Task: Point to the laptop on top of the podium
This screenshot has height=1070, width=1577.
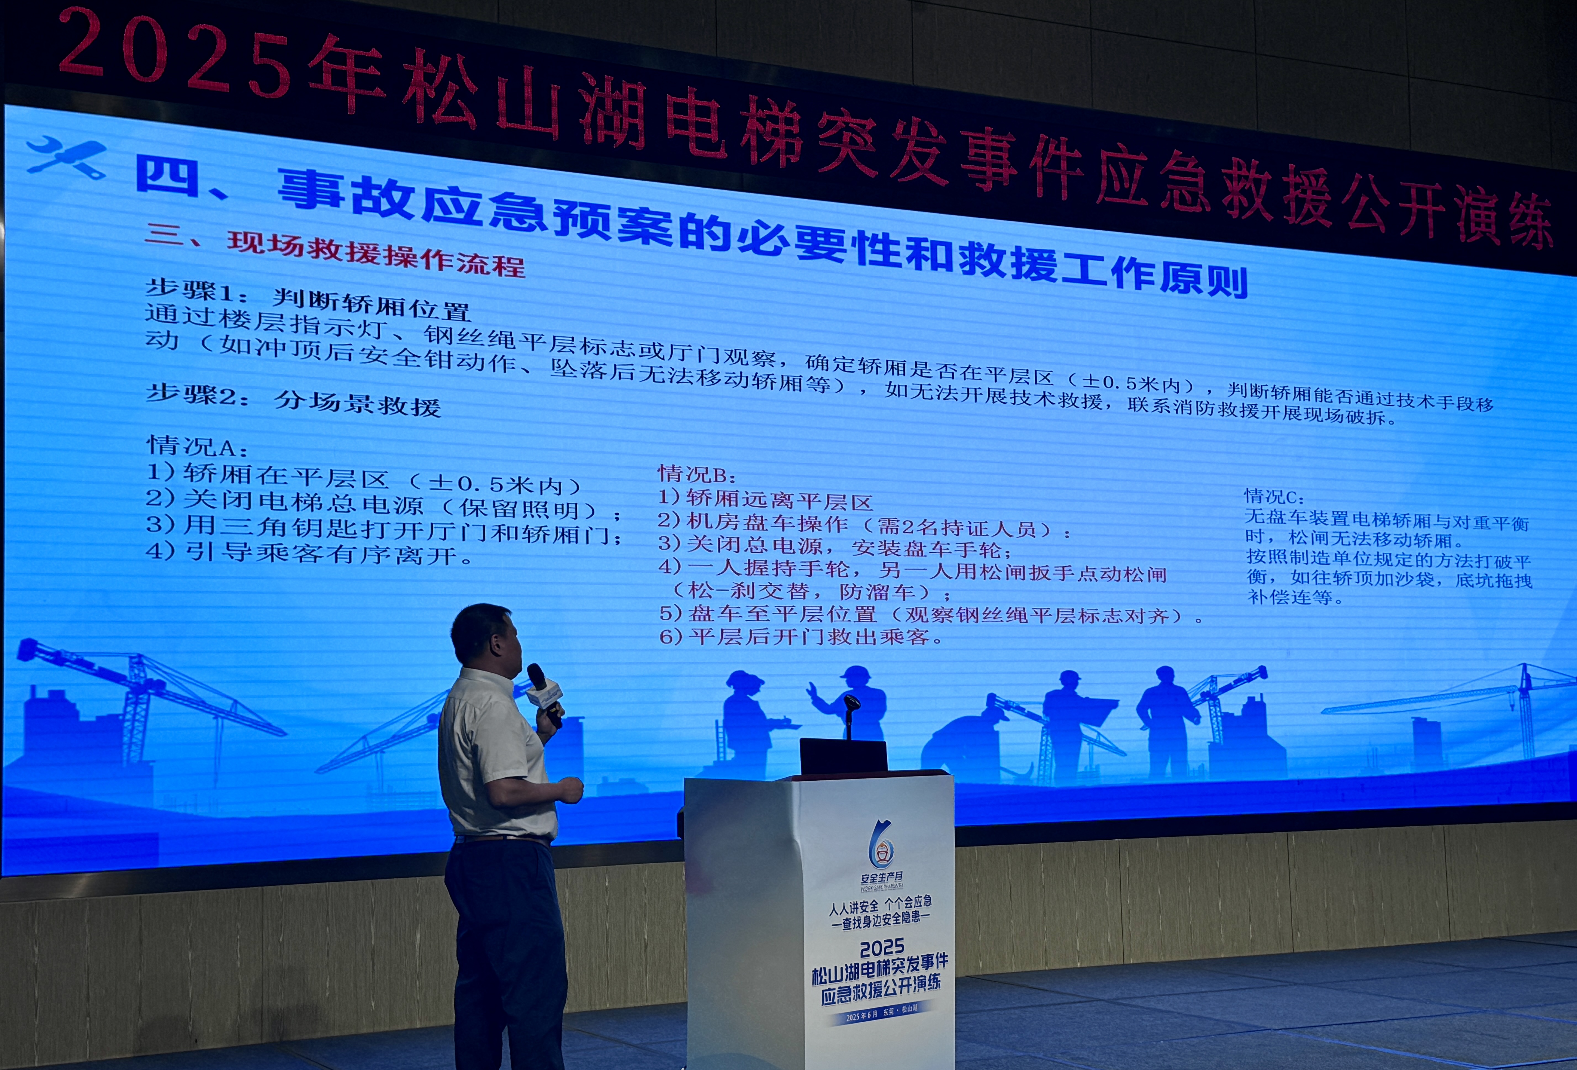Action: pos(843,755)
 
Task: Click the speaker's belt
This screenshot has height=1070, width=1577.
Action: pos(502,840)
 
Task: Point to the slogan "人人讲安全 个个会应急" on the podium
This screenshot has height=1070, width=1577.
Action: pos(881,905)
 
